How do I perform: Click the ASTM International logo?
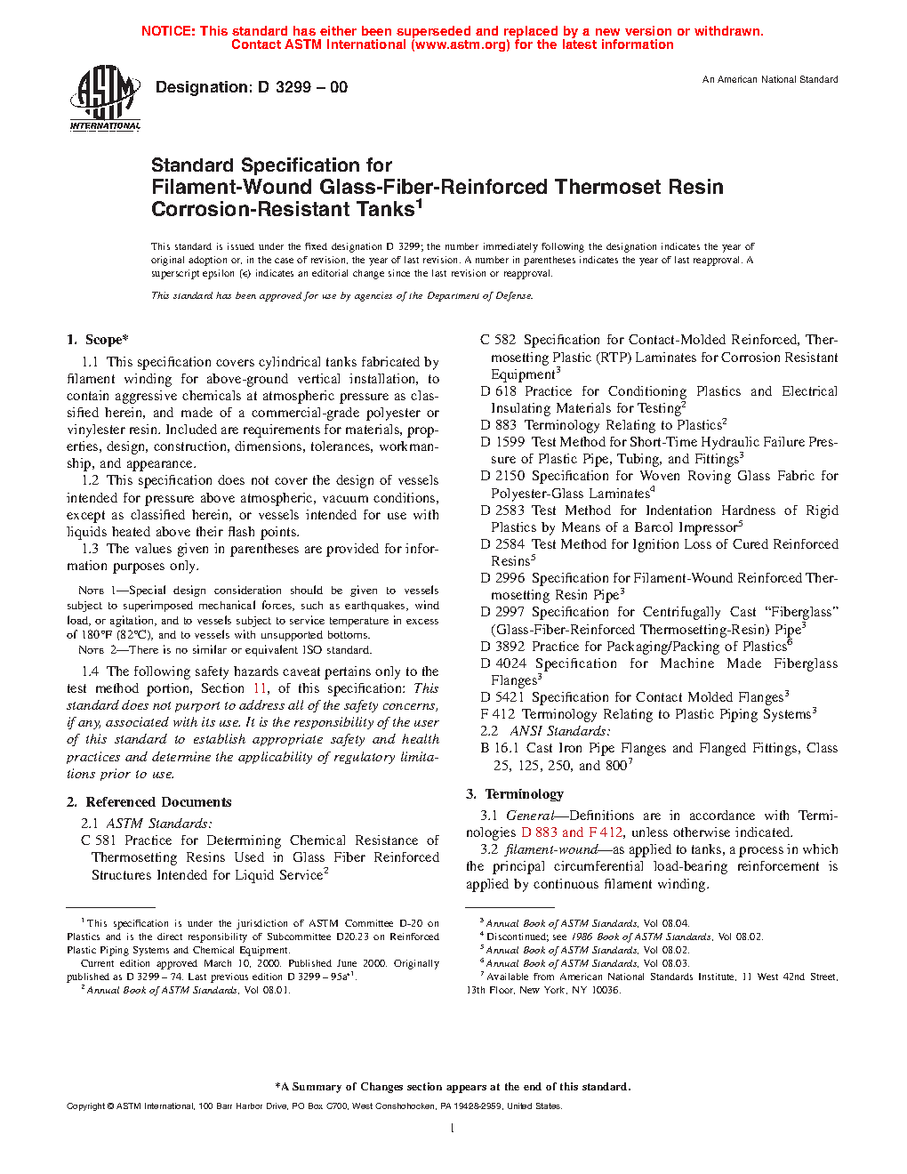pos(105,99)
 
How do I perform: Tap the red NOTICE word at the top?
pos(168,31)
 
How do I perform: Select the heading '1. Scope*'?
pos(98,340)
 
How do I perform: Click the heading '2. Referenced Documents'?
pos(149,802)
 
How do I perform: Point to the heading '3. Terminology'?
pos(515,794)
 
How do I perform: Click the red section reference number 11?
pos(260,688)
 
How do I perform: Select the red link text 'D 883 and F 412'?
pos(572,832)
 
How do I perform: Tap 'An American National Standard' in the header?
pos(770,80)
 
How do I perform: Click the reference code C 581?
pos(99,840)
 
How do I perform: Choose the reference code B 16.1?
pos(499,748)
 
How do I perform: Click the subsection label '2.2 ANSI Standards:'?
pos(545,731)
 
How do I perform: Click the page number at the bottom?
pos(453,1129)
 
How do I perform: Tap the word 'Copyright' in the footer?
pos(86,1106)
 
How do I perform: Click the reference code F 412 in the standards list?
pos(497,714)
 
